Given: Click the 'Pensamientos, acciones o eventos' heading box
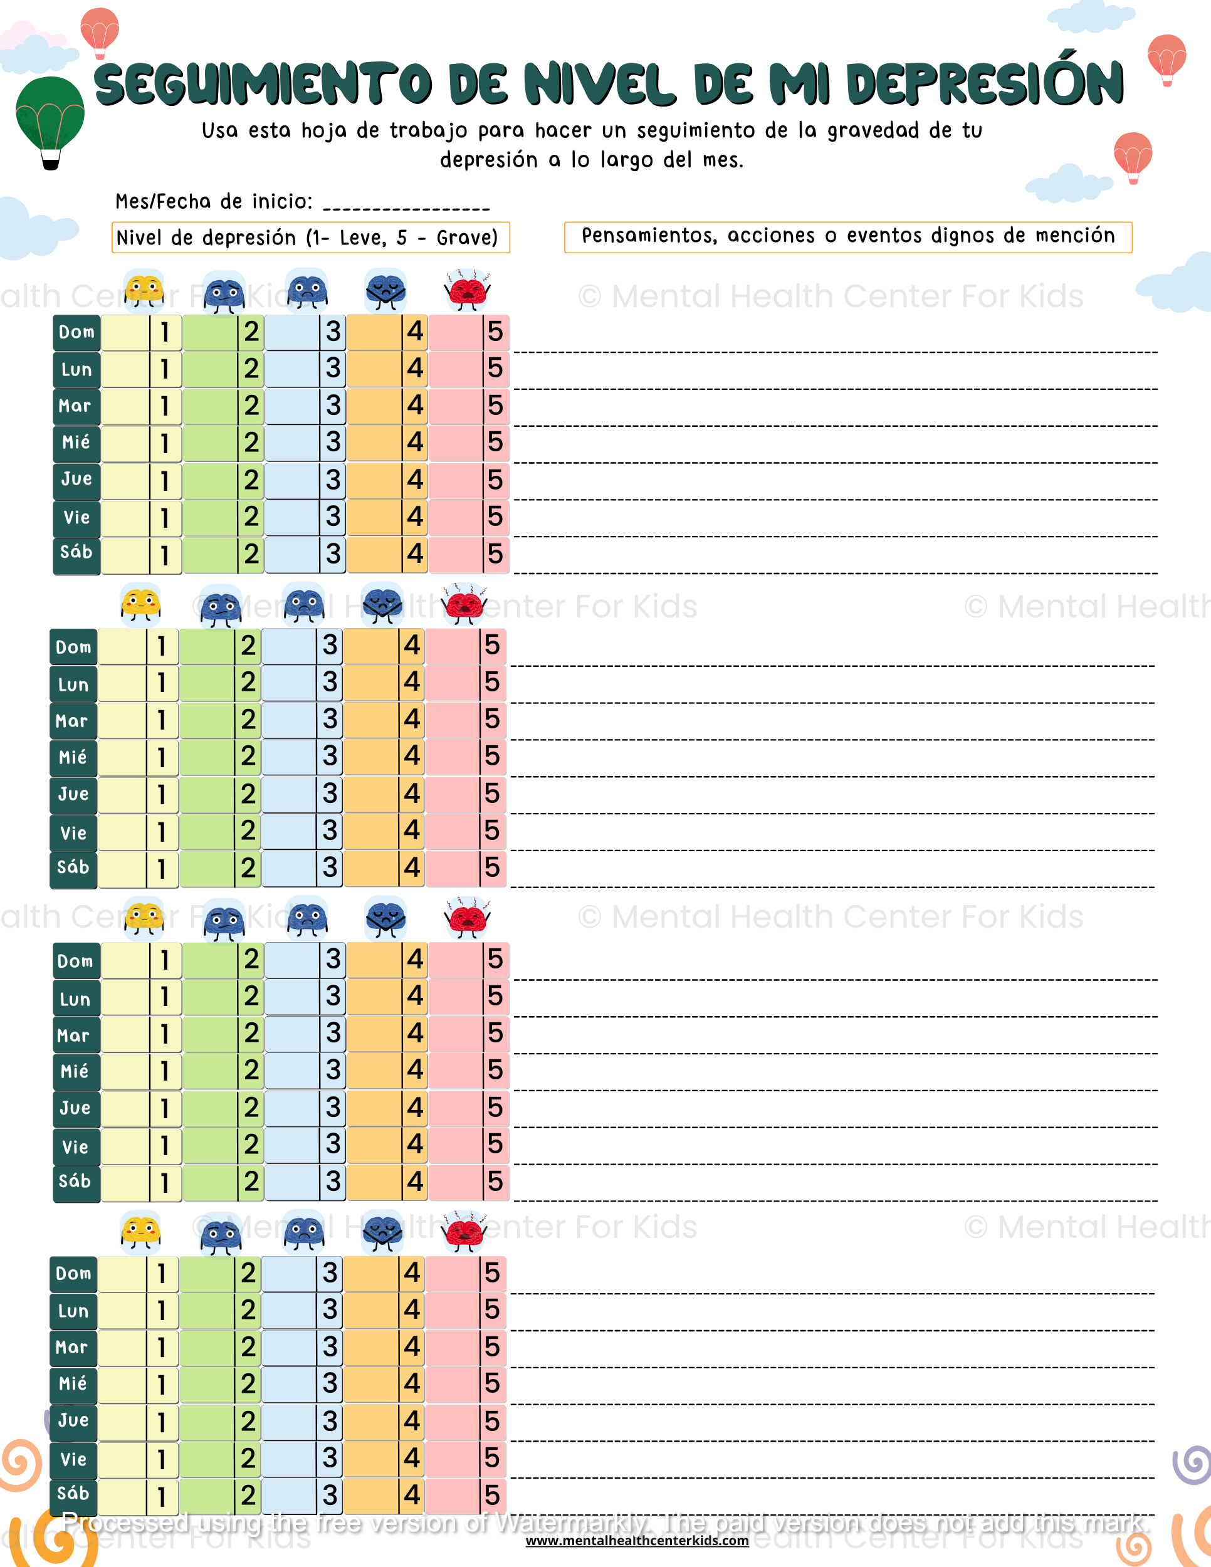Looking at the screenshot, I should [848, 237].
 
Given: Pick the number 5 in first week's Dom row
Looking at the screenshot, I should [495, 332].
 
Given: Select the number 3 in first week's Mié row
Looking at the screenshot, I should [333, 442].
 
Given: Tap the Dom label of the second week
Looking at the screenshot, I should [74, 647].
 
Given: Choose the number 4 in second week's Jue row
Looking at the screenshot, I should [412, 794].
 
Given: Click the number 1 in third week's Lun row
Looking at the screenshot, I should [165, 997].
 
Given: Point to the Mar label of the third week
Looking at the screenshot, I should [74, 1035].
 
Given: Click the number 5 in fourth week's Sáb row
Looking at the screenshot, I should [491, 1496].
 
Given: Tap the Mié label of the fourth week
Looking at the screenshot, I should [73, 1383].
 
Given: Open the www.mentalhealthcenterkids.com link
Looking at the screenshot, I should [637, 1541].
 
